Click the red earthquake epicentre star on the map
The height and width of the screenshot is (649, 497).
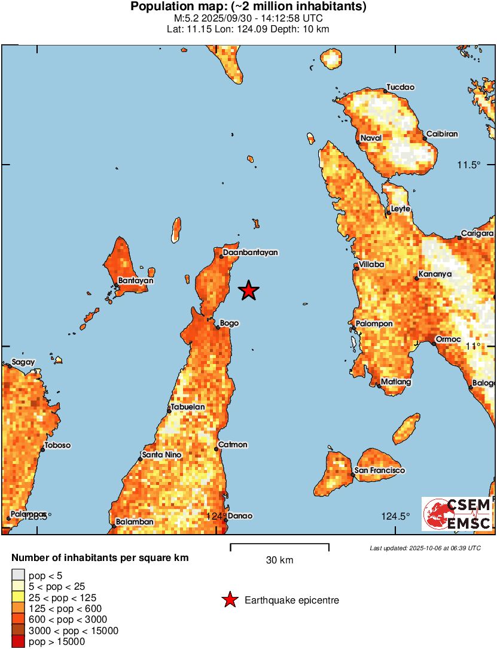249,290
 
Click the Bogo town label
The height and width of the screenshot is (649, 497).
230,323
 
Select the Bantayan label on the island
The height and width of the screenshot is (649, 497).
136,280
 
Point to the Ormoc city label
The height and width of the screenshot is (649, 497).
449,339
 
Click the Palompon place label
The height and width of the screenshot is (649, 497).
374,323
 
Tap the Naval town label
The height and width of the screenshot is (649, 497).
371,138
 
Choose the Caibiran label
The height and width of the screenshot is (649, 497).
442,134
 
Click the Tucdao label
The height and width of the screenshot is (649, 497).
400,87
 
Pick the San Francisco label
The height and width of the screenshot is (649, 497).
380,471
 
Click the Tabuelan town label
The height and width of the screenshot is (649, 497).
188,407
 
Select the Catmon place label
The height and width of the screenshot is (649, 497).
233,445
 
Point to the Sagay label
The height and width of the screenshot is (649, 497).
23,362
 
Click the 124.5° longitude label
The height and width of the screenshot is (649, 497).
396,517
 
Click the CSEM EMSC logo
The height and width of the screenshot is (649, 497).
457,514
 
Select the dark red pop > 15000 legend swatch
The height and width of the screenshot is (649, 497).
18,642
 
